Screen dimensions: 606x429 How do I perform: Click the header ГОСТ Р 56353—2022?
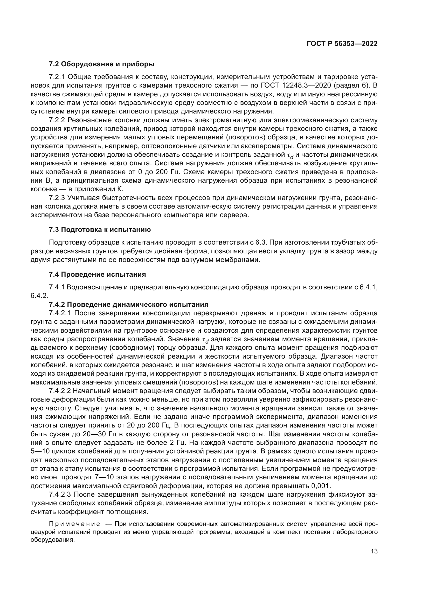(342, 44)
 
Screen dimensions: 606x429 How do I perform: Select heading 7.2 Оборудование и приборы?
(102, 64)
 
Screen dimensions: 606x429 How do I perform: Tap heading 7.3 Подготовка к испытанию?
(100, 230)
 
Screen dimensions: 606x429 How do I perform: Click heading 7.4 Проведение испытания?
(98, 274)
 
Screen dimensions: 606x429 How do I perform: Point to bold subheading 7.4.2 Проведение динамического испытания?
(129, 304)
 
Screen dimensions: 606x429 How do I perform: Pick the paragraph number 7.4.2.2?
(60, 391)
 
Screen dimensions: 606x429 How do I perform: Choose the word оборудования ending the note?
(53, 540)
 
